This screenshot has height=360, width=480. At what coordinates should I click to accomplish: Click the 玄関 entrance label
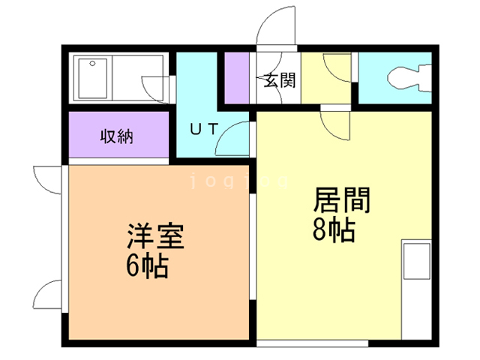pyautogui.click(x=278, y=80)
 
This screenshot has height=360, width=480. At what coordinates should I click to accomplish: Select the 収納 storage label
pyautogui.click(x=117, y=136)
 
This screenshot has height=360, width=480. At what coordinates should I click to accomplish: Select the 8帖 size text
pyautogui.click(x=333, y=229)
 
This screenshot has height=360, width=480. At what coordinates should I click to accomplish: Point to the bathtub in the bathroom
pyautogui.click(x=93, y=77)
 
